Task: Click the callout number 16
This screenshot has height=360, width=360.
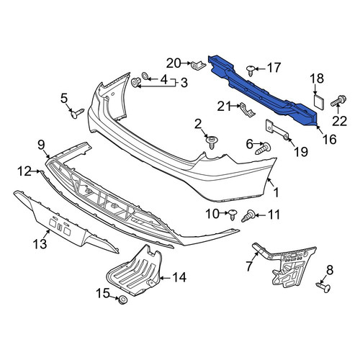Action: pos(330,139)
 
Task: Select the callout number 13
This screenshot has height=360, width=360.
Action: pos(40,244)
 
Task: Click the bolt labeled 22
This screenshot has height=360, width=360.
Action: pos(338,101)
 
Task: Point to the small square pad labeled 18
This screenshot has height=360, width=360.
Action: pos(319,102)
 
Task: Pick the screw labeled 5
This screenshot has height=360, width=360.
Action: pos(77,114)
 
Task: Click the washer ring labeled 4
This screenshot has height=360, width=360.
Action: pos(145,76)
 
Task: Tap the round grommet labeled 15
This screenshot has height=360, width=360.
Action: pos(123,300)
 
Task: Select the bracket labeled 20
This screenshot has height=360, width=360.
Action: pos(198,65)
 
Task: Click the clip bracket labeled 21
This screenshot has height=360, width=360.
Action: pos(247,109)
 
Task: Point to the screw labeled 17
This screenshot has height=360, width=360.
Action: pos(251,70)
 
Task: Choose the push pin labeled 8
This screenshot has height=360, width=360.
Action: pos(324,287)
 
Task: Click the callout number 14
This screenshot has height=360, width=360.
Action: pos(179,277)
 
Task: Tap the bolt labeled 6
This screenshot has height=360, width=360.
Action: pos(264,149)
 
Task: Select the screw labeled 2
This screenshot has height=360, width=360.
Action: pos(212,142)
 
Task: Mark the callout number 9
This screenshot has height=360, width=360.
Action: pos(41,145)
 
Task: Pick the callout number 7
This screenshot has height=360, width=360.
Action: pos(249,266)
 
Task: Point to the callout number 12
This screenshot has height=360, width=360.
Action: pos(24,171)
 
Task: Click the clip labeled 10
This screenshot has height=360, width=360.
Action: pos(233,215)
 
